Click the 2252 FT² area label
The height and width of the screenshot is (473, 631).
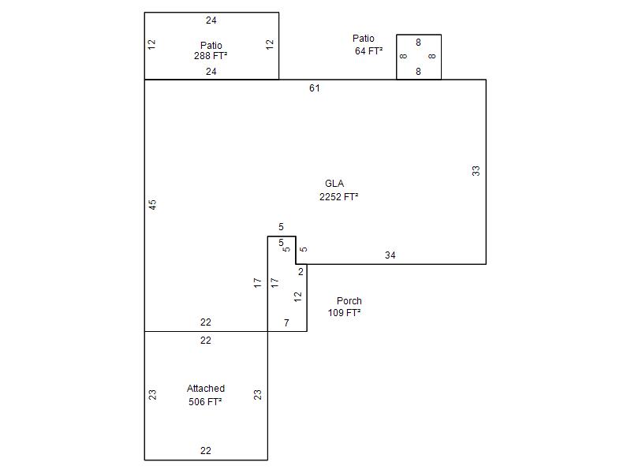(339, 196)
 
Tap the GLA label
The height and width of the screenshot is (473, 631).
(334, 184)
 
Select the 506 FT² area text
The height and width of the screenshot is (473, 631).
(205, 401)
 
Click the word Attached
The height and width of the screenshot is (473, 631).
(206, 389)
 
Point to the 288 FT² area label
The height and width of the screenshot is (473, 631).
(211, 56)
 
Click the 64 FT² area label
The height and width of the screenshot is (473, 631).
(368, 51)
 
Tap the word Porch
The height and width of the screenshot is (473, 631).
(349, 301)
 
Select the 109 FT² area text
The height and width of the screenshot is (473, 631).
(344, 312)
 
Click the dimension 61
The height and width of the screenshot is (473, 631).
(314, 88)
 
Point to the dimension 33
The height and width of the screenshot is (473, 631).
(476, 171)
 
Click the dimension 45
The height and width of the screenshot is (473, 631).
(152, 205)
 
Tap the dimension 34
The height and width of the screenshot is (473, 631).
(390, 255)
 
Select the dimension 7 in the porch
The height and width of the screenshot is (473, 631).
(286, 322)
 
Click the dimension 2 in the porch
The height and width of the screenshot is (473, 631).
(301, 272)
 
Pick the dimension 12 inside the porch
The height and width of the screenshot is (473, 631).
(297, 297)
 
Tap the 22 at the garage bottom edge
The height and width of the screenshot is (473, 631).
(206, 450)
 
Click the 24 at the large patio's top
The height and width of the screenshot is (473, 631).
(211, 20)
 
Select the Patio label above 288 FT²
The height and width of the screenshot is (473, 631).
(211, 45)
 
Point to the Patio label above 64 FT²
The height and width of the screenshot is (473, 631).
(364, 38)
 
